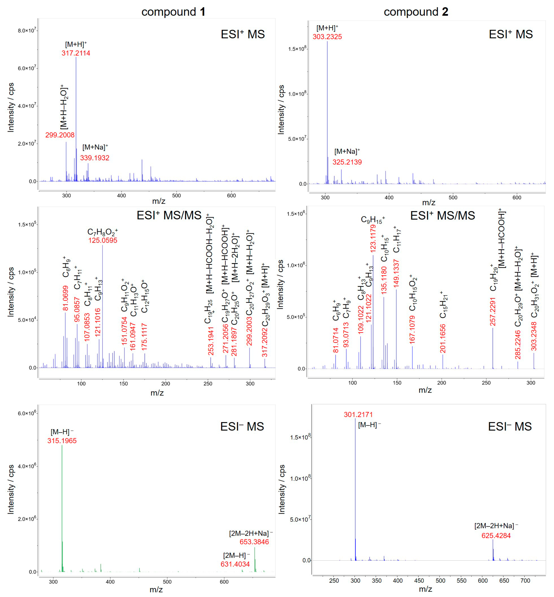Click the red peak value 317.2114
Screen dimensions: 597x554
click(76, 53)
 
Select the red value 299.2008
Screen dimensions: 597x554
click(60, 135)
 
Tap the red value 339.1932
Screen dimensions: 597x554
click(95, 158)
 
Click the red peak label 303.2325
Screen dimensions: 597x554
click(327, 37)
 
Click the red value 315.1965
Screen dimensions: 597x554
click(62, 441)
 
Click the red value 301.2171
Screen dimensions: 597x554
click(358, 415)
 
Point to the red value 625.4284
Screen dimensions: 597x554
click(496, 536)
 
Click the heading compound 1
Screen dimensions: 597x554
click(173, 12)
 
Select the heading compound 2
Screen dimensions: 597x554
click(416, 12)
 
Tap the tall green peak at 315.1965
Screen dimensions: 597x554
click(62, 509)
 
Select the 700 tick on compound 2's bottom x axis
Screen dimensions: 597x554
click(525, 581)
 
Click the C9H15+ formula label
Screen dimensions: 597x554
click(373, 220)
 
